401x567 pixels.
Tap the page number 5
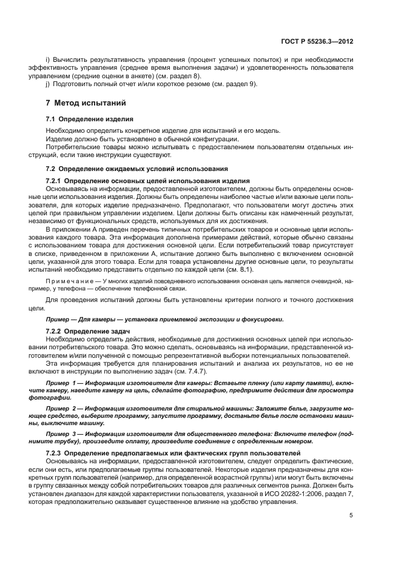coord(351,515)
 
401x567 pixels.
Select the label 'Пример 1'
coord(64,383)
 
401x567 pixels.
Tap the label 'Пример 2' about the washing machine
coord(64,409)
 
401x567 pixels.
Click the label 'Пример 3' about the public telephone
coord(64,435)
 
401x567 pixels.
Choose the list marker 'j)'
coord(48,84)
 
